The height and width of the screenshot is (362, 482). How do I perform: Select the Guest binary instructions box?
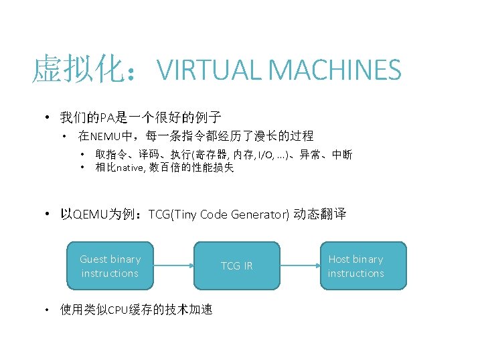click(110, 266)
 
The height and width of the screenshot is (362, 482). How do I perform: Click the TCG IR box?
click(237, 266)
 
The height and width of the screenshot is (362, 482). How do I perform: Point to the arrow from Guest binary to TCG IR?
click(175, 266)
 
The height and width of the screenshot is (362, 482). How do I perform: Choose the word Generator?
click(259, 215)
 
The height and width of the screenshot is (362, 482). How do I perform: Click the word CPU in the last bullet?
click(118, 310)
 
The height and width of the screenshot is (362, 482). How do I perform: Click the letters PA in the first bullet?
click(107, 119)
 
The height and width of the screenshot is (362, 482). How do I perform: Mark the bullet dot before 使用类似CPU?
click(47, 310)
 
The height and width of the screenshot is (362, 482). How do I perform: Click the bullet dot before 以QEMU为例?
click(48, 215)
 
